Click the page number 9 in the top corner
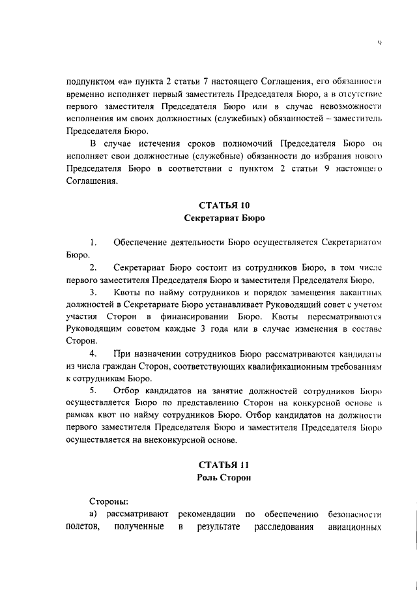tap(379, 44)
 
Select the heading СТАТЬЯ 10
tap(223, 205)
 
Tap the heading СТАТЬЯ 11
tap(223, 465)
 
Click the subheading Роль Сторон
tap(223, 478)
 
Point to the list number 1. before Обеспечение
tap(94, 243)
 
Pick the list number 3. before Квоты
tap(94, 291)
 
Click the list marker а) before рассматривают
tap(93, 514)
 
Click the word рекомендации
tap(204, 514)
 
